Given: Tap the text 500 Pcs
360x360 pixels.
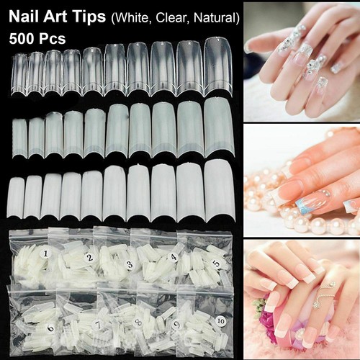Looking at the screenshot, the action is click(37, 38).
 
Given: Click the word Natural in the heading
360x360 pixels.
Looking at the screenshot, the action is click(215, 17).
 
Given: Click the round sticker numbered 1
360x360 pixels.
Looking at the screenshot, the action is click(45, 254).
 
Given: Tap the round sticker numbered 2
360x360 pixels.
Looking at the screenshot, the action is click(90, 258).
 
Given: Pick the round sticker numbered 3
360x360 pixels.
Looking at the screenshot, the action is click(130, 264).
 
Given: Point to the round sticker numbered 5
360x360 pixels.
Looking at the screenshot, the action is click(217, 264).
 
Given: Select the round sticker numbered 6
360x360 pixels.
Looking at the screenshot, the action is click(51, 328).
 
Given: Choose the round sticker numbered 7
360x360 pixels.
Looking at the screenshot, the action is click(98, 325).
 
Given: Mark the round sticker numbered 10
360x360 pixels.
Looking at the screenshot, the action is click(220, 321).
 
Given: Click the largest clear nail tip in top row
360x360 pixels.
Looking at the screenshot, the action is click(218, 67).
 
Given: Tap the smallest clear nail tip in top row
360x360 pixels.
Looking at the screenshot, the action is click(19, 75).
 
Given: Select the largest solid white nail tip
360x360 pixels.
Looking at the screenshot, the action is click(220, 191).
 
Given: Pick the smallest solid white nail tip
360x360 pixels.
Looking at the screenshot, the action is click(16, 198).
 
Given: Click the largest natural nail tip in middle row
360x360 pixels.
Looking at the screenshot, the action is click(219, 127).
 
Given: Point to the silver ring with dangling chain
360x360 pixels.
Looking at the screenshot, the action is click(324, 294).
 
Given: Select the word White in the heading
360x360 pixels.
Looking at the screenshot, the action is click(132, 17).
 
